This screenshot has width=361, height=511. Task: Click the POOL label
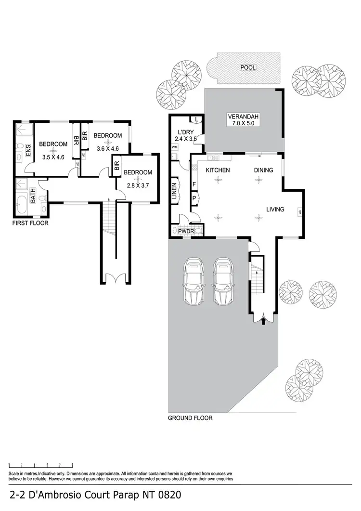click(248, 68)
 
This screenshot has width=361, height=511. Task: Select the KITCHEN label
click(218, 170)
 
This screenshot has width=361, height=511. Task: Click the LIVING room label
click(276, 210)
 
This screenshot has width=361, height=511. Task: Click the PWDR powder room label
click(186, 232)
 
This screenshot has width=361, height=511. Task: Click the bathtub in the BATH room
click(22, 205)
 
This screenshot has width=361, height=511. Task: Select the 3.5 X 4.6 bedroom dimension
click(53, 157)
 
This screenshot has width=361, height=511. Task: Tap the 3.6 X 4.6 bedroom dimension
click(108, 149)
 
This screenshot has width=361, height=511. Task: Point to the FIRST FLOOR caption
click(30, 223)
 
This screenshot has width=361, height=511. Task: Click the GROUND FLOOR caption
click(190, 418)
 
